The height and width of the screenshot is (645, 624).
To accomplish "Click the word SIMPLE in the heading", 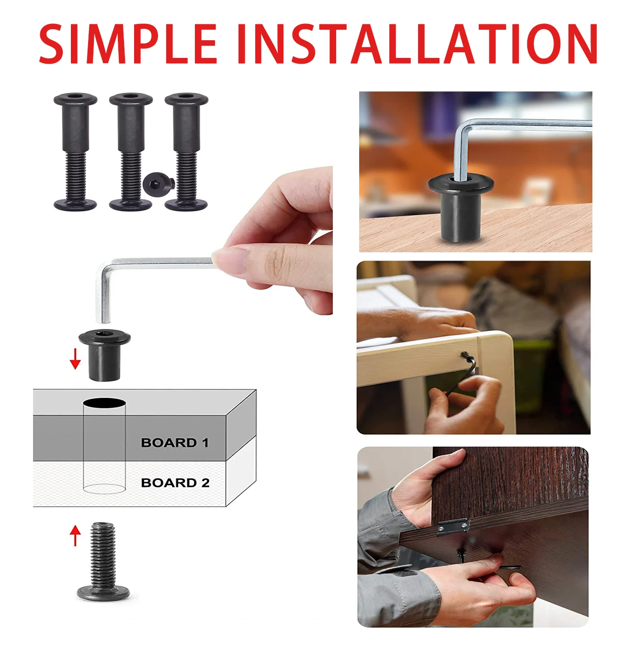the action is pos(128,44).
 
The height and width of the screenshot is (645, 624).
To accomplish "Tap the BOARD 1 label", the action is pos(175,442).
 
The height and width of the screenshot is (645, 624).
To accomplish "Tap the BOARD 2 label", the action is pos(175,483).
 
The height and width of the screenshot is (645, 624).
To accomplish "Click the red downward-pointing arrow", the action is pos(75,359).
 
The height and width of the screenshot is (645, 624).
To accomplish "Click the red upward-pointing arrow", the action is pos(75,536).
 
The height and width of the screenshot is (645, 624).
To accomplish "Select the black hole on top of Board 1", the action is pos(104,403).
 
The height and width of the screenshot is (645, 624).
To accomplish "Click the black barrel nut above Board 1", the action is pos(104,355).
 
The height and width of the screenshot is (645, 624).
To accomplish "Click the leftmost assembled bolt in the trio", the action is pos(76,151).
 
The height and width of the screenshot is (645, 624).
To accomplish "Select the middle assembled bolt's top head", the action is pos(131,99).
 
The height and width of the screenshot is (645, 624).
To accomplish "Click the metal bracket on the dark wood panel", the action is pos(453,526).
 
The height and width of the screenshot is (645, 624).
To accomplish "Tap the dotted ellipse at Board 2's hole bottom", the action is pos(104,488).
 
